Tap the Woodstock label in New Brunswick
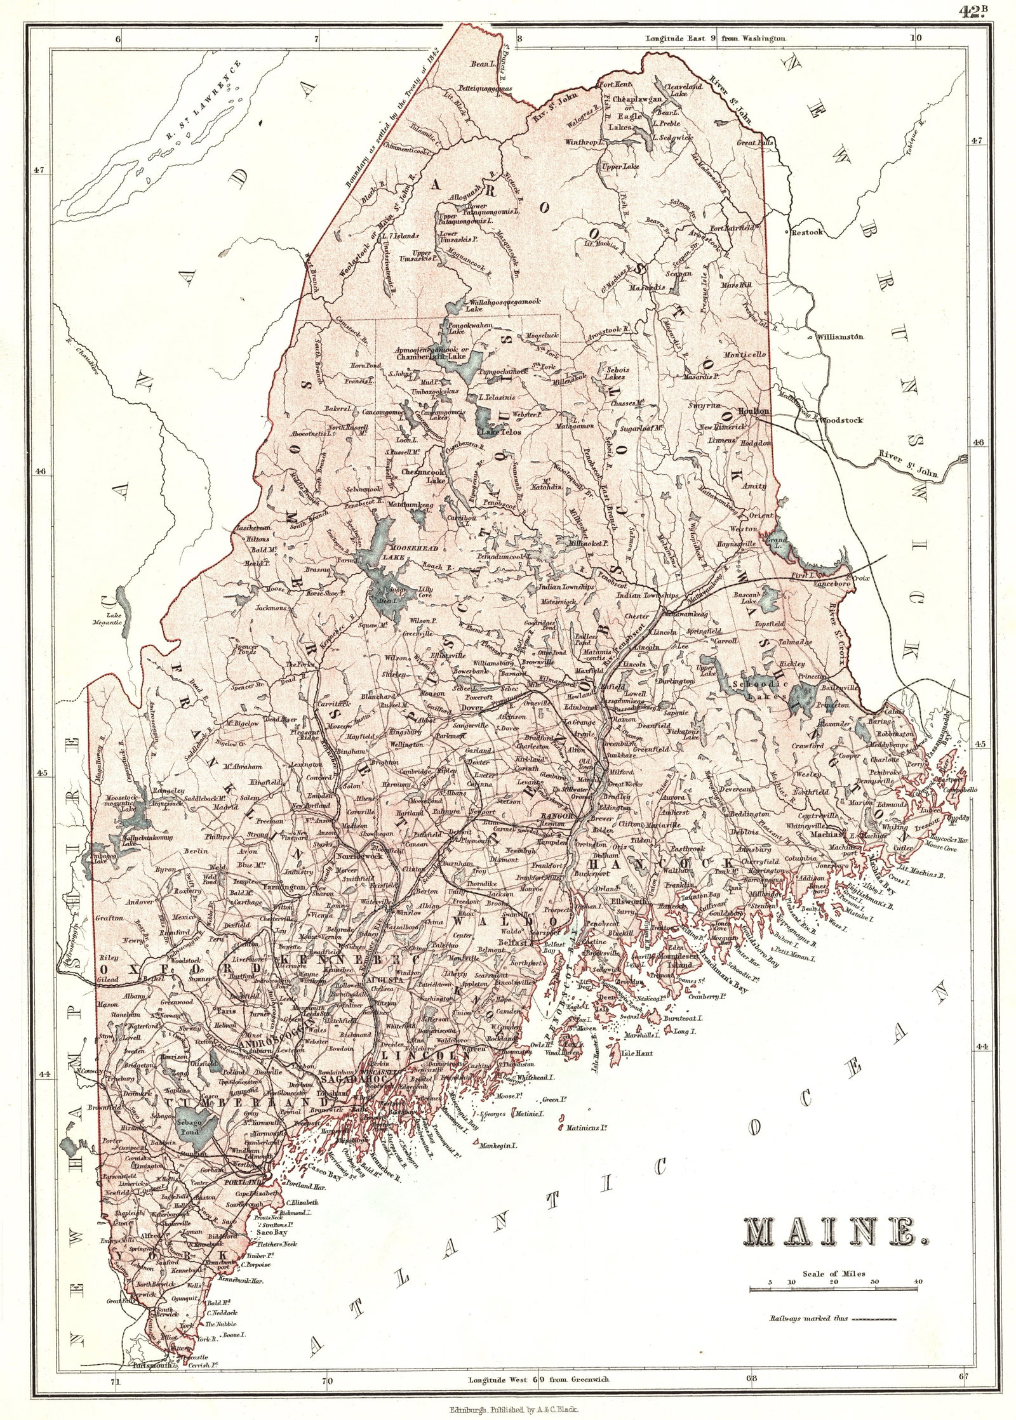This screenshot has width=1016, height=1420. coord(841,420)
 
